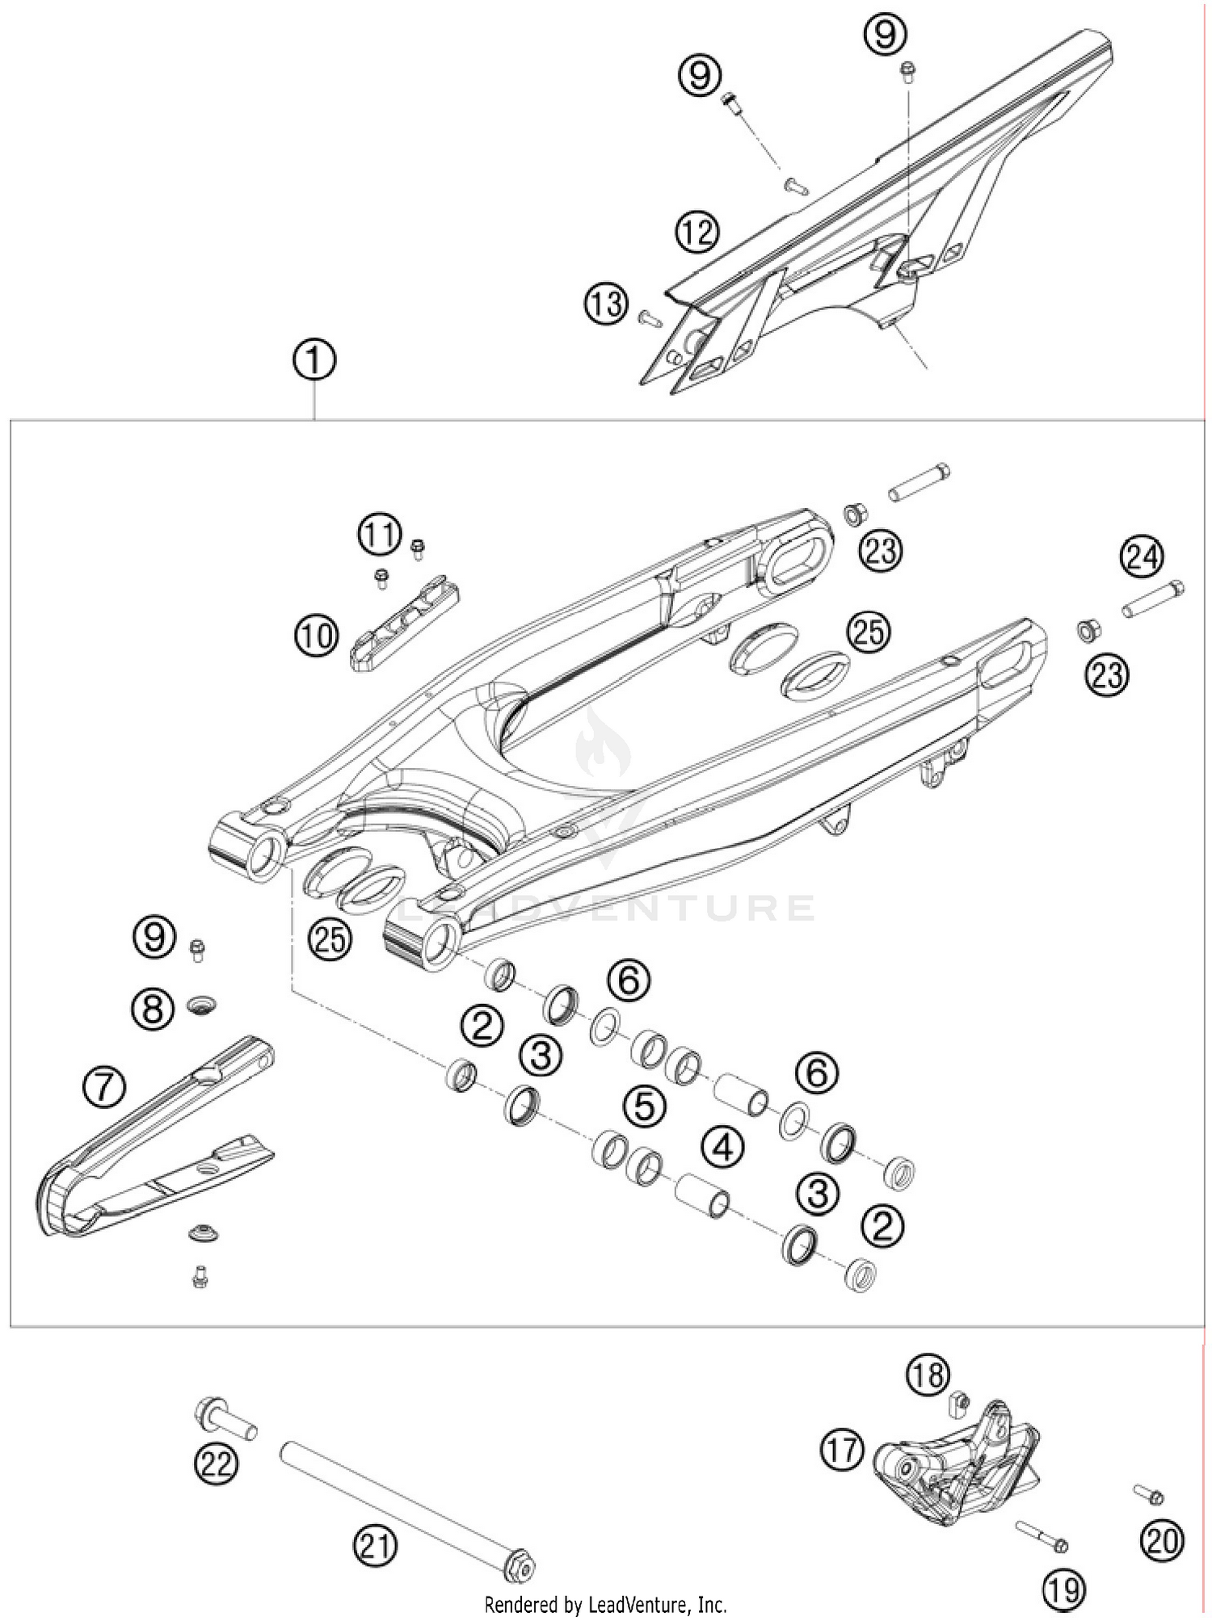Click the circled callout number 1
pos(314,361)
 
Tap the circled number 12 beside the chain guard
pos(697,233)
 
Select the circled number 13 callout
pos(606,305)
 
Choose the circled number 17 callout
pos(843,1451)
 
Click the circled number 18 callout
pos(928,1374)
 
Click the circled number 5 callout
pos(644,1106)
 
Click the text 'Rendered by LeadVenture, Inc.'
pos(605,1604)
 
